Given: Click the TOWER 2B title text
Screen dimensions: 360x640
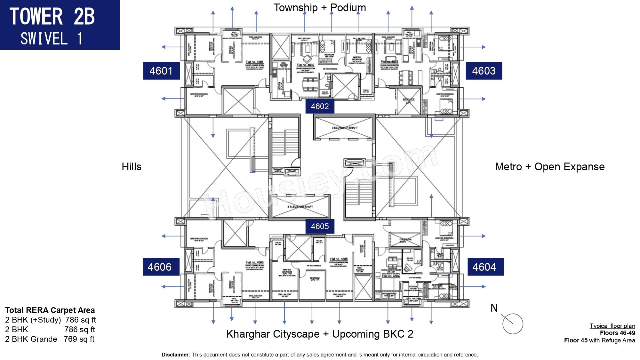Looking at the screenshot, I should click(52, 17).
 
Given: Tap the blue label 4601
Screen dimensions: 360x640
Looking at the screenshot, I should click(161, 71).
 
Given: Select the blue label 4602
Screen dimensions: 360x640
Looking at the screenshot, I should click(320, 106).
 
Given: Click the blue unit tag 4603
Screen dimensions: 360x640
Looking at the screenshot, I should click(484, 71).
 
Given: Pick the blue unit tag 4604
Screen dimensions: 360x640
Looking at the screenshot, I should click(484, 267).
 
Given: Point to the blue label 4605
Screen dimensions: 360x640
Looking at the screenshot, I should click(320, 226).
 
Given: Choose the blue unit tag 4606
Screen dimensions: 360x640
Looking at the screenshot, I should click(160, 267).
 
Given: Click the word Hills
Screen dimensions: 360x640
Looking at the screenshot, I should click(131, 167).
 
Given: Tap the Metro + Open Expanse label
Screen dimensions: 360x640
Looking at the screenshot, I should click(549, 167).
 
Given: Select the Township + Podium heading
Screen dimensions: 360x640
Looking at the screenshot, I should click(319, 8).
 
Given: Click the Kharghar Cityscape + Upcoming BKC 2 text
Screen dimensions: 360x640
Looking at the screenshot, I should click(319, 334).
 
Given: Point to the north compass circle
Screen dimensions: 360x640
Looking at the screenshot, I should click(513, 324).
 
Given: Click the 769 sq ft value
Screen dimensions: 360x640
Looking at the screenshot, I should click(79, 339).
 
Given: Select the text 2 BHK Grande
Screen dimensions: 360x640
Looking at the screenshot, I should click(31, 339).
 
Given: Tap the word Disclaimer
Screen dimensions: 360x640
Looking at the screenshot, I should click(176, 355).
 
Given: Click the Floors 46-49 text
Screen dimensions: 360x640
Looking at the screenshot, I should click(617, 333).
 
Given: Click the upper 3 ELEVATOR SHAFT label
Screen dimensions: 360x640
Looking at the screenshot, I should click(345, 128).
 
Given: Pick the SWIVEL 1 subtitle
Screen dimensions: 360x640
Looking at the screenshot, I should click(51, 39).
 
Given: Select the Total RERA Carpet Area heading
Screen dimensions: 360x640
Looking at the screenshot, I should click(50, 310).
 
